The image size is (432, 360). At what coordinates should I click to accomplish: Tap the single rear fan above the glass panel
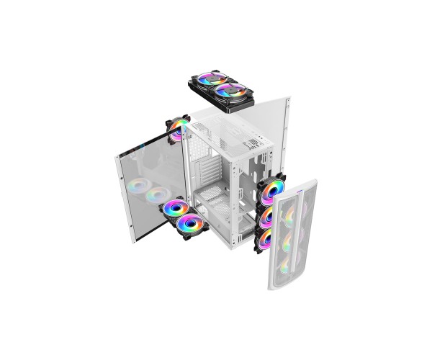[175, 128]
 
